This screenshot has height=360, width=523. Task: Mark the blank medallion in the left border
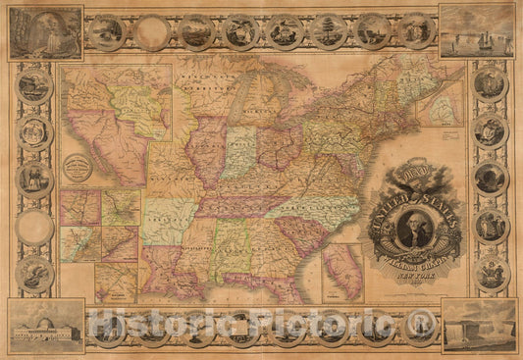point(34,228)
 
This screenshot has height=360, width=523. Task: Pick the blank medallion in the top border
point(151,32)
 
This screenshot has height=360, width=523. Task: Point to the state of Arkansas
point(168,221)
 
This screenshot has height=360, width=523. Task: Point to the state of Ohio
point(279,147)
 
